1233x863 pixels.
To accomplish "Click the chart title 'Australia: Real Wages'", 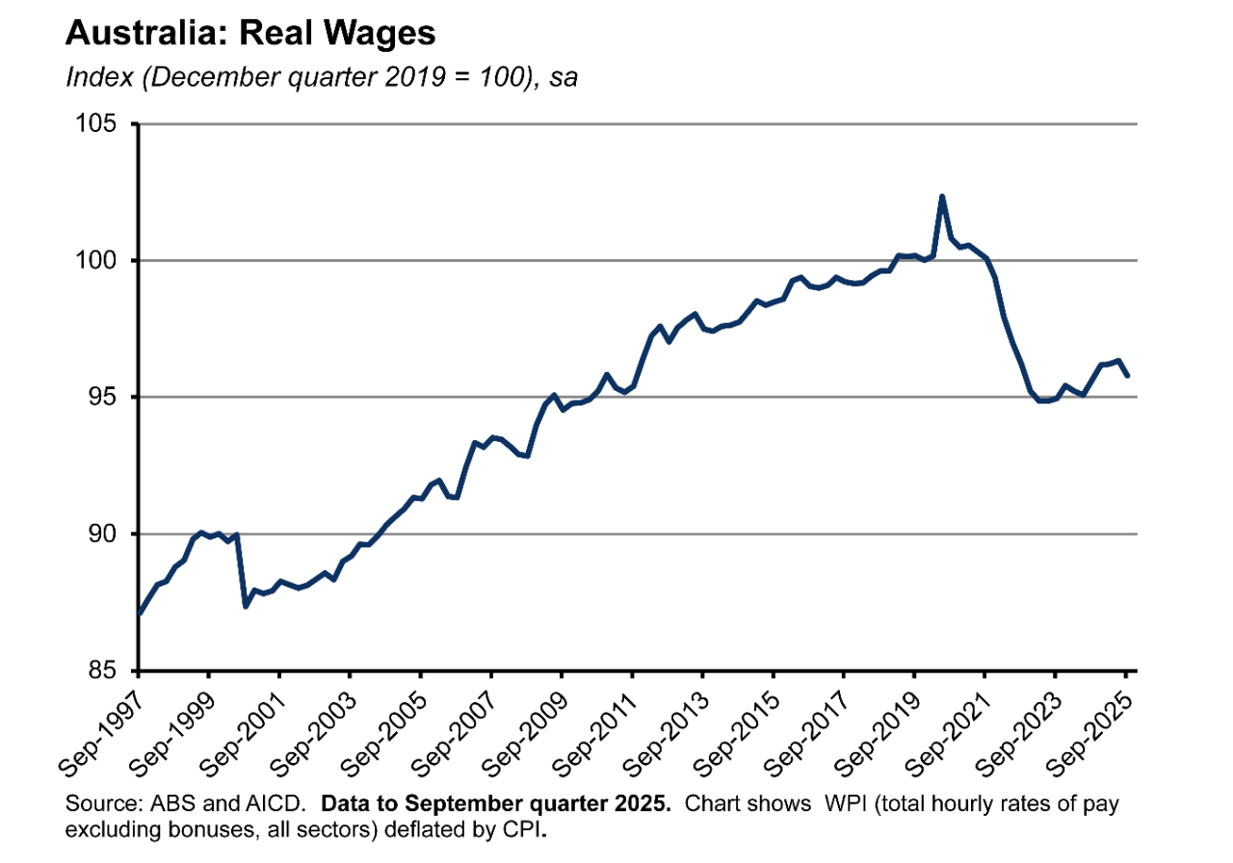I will [250, 34].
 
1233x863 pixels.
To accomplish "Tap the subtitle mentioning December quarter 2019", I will [321, 78].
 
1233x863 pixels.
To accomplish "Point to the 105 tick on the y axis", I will [98, 124].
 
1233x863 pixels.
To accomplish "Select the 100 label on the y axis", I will [98, 261].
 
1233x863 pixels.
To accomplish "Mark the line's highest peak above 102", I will [941, 196].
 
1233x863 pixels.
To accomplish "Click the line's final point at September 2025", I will [1128, 376].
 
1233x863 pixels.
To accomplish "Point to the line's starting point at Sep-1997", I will [140, 614].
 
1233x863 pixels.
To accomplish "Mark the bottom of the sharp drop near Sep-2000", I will [246, 606].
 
